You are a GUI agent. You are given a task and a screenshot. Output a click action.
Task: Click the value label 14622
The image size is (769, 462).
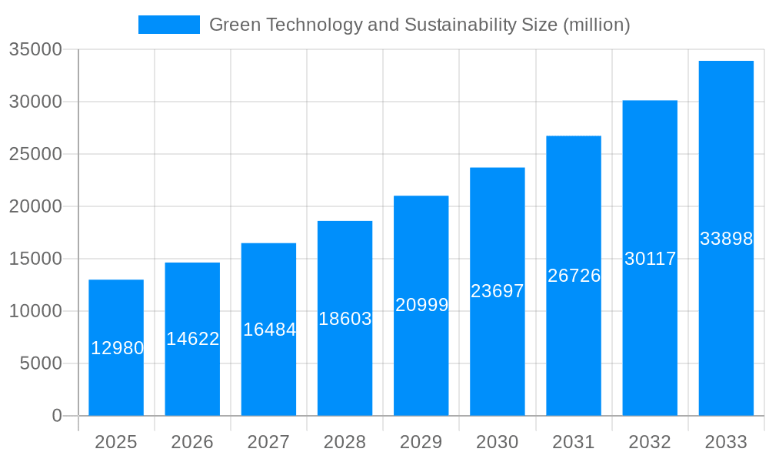pos(193,339)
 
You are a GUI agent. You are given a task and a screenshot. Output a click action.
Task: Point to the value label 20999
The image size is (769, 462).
pos(422,305)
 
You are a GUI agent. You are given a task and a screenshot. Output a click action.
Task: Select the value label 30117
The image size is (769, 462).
pos(650,259)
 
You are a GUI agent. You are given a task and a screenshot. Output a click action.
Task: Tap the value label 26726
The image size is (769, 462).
pos(574,276)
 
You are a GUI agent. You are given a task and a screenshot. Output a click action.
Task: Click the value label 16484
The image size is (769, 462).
pos(269,330)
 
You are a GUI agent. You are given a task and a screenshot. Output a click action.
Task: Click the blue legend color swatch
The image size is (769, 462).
pos(168,25)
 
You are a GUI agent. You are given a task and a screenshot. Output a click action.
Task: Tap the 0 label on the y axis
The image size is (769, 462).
pos(57,416)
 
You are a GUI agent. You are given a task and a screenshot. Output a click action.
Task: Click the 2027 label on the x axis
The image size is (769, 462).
pos(268,442)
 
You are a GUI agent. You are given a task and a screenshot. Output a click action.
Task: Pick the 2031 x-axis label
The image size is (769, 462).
pos(574,442)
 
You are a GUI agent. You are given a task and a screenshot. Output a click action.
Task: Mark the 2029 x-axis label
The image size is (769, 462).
pos(421,442)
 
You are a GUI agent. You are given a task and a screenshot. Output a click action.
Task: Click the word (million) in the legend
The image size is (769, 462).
pos(596,25)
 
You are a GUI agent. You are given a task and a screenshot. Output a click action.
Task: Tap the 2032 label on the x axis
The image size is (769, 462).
pos(650,442)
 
